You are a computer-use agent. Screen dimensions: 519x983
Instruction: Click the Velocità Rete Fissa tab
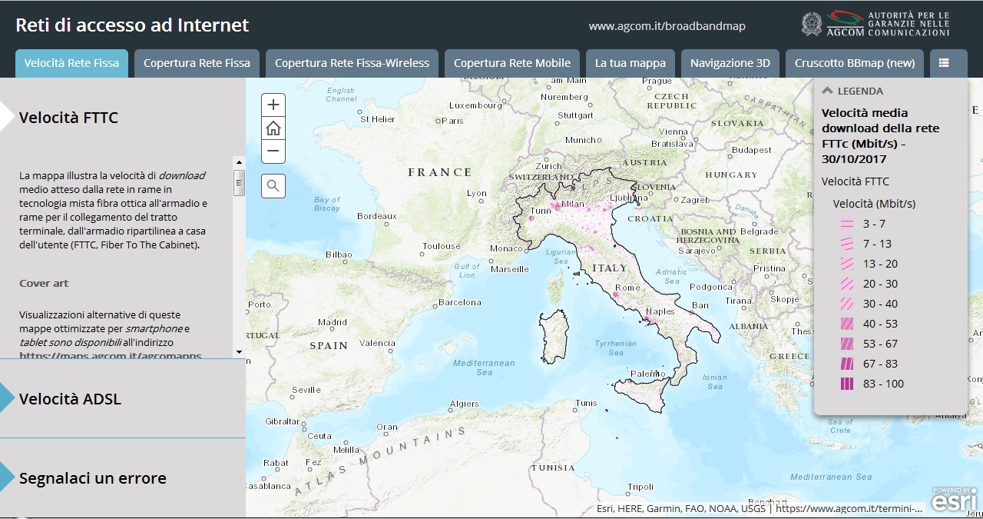point(71,63)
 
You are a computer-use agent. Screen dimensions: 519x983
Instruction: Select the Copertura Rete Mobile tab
point(511,63)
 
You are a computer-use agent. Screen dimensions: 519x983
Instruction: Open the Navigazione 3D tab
point(730,63)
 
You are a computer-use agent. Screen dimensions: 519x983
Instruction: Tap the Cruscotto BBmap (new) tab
point(855,63)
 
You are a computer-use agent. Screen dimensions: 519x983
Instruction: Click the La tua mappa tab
point(630,63)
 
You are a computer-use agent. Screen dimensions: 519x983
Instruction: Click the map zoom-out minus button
point(273,151)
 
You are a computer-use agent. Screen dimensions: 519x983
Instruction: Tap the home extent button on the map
point(273,128)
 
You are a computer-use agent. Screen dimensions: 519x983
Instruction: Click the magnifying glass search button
point(273,185)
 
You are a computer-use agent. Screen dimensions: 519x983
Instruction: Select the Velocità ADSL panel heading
point(70,399)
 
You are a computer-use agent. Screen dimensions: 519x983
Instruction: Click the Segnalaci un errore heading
point(92,478)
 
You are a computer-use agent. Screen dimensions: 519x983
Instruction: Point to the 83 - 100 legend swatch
point(847,384)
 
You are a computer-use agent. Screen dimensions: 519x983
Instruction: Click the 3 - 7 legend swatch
point(847,224)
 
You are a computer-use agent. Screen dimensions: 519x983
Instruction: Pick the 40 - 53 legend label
point(880,324)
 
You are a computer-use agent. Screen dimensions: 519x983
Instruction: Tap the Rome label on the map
point(627,288)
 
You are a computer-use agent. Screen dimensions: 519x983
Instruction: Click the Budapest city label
point(750,150)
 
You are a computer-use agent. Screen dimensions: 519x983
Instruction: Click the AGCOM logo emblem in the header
point(812,24)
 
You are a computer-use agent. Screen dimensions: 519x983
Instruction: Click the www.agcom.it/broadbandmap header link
point(667,26)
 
